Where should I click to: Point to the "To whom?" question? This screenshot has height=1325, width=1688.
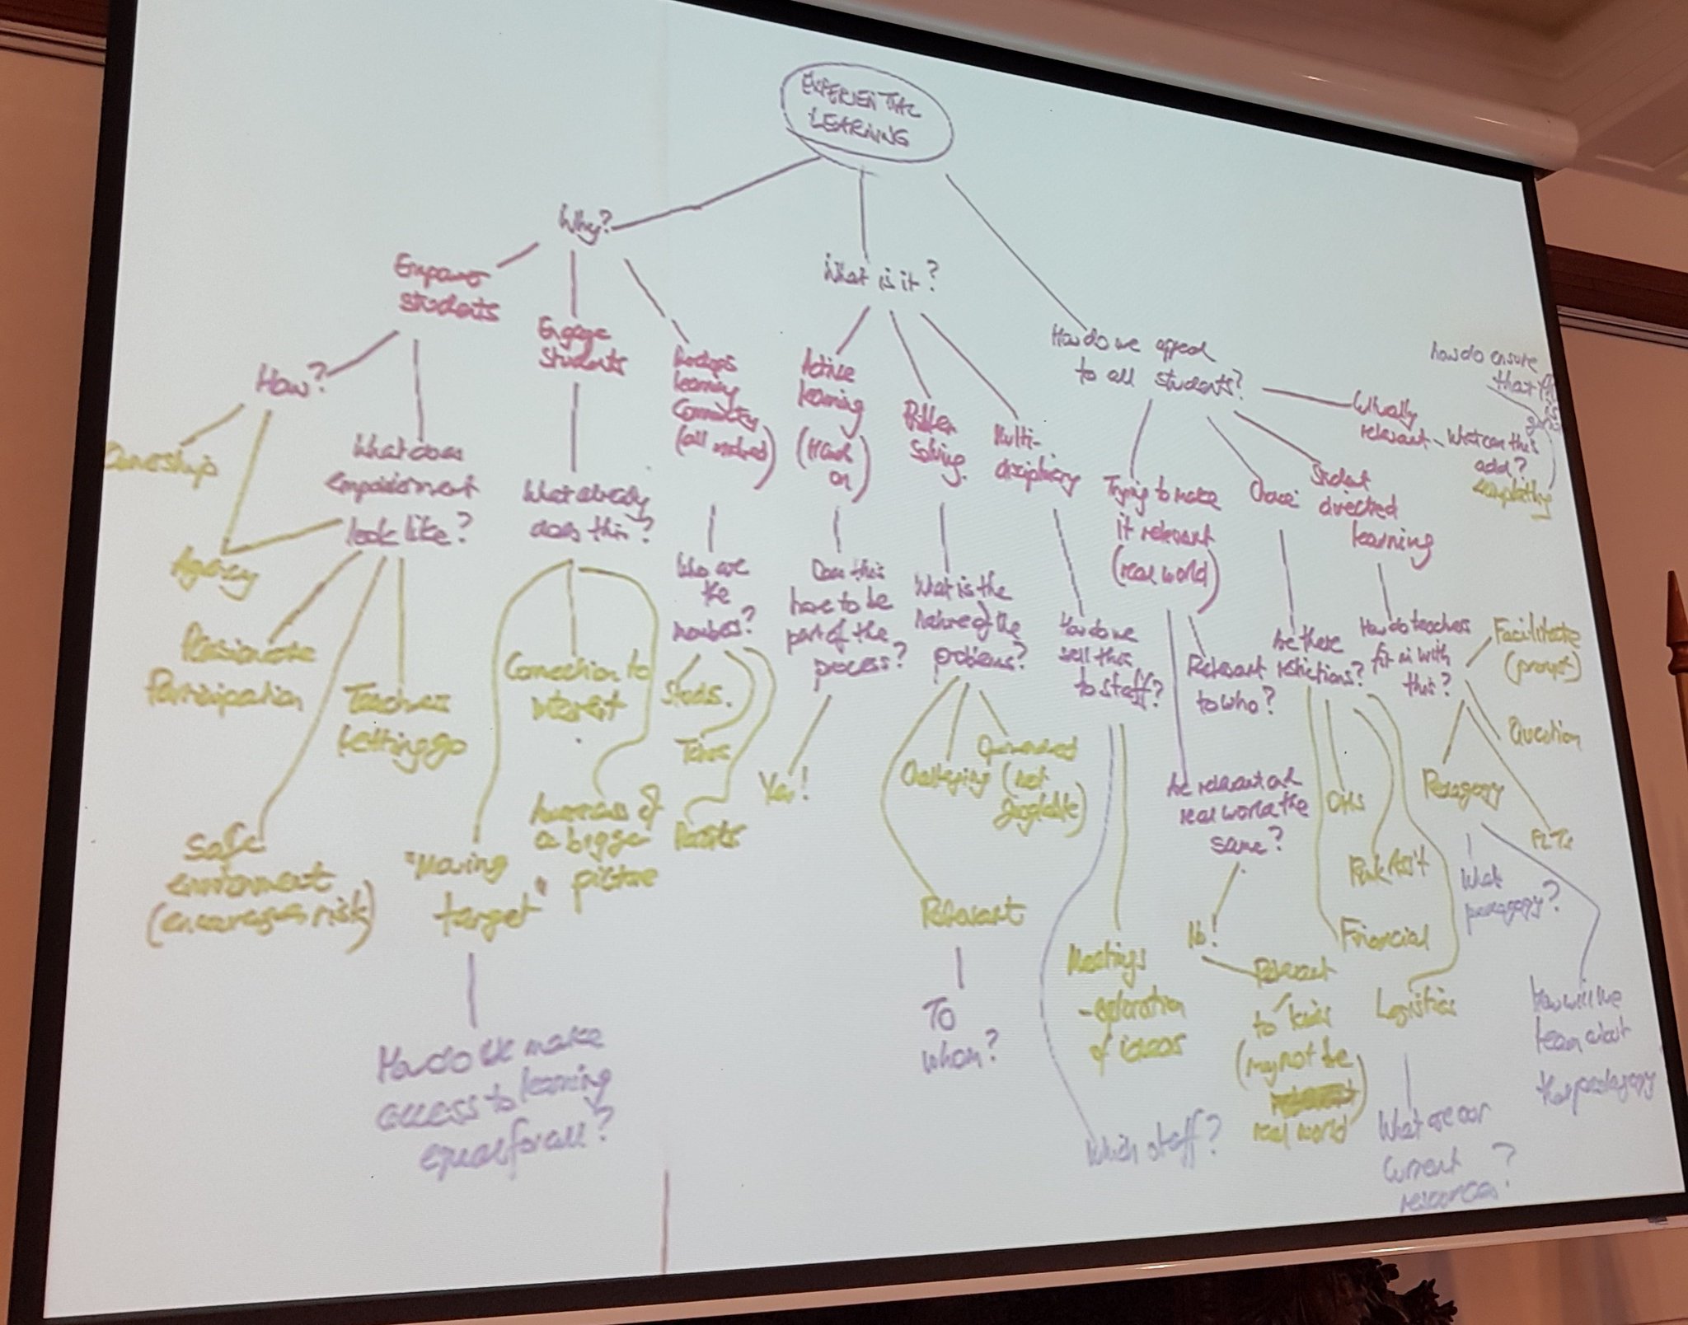[x=959, y=1035]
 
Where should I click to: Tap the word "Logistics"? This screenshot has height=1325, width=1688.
[x=1414, y=1005]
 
